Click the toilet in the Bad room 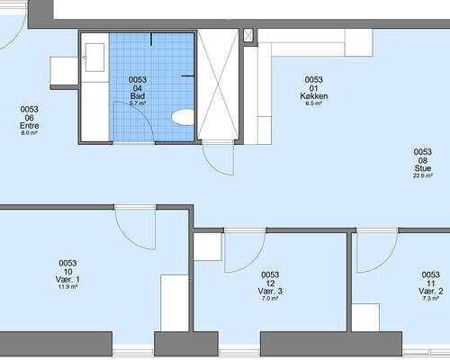tap(183, 117)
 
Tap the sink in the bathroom tap(94, 58)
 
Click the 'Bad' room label tap(138, 96)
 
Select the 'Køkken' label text tap(314, 96)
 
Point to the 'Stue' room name tap(423, 168)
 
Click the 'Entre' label tap(30, 125)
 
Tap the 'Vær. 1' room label tap(67, 280)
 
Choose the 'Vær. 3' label tap(270, 291)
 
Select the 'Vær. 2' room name tap(431, 291)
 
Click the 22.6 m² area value tap(423, 175)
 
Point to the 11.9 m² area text tap(67, 287)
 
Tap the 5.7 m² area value tap(138, 103)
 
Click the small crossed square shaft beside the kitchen tap(248, 35)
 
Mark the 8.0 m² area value tap(30, 133)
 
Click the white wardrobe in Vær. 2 tap(365, 318)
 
